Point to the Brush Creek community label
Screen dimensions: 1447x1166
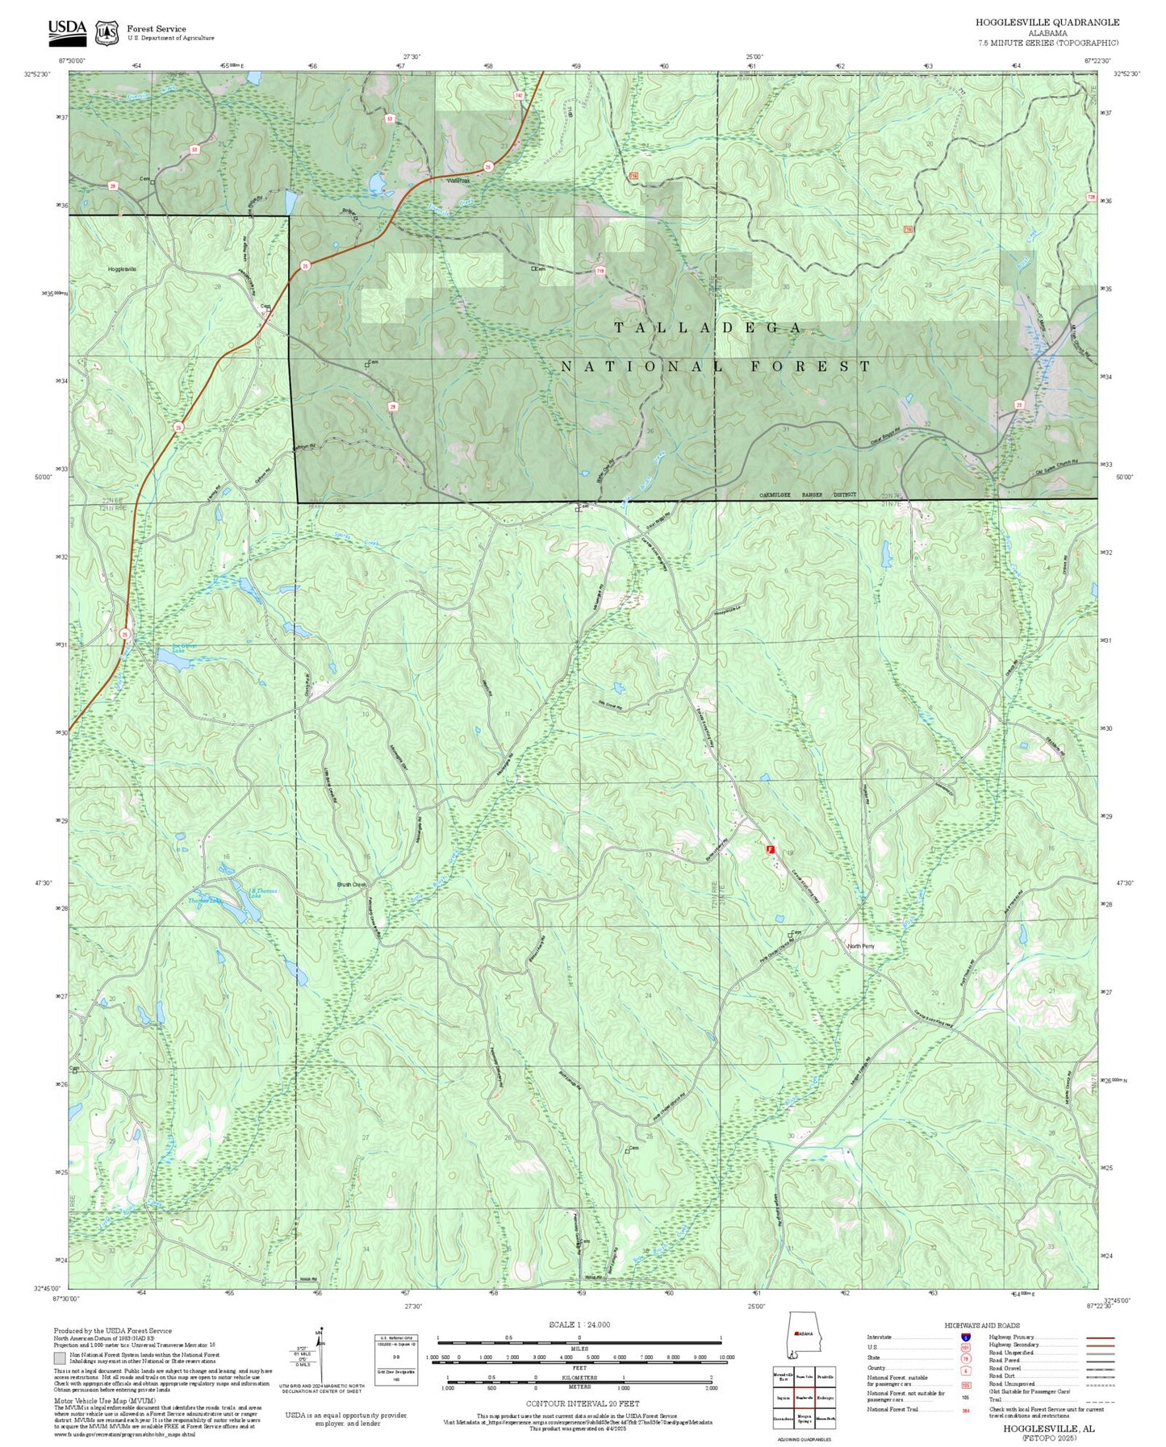[352, 884]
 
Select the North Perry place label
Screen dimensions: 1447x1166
[860, 946]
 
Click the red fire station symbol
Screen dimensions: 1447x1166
[770, 849]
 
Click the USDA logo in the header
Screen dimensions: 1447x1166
[67, 31]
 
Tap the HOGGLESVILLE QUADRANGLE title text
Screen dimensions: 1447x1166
[1047, 23]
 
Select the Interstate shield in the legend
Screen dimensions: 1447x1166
[965, 1337]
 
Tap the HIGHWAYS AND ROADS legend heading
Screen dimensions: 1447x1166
[982, 1325]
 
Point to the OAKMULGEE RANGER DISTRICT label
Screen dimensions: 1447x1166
[807, 495]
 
